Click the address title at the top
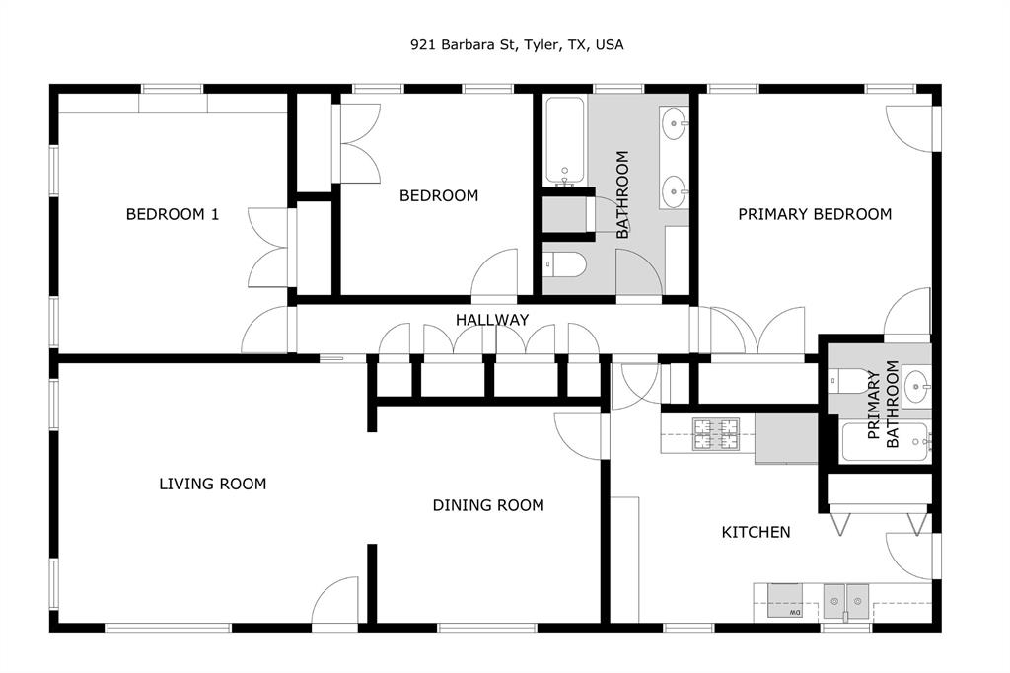(x=517, y=44)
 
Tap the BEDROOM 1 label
(x=173, y=214)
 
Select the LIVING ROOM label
(x=213, y=484)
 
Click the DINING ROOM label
(x=488, y=505)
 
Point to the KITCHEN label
(x=757, y=532)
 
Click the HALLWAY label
(x=491, y=320)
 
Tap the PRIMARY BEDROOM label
(x=815, y=214)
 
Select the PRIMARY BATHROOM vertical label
(x=884, y=406)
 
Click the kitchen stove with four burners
(x=715, y=433)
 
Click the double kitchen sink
(x=846, y=598)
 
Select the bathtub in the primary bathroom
(x=885, y=441)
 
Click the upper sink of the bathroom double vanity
(x=676, y=123)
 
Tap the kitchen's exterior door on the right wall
(x=910, y=556)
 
